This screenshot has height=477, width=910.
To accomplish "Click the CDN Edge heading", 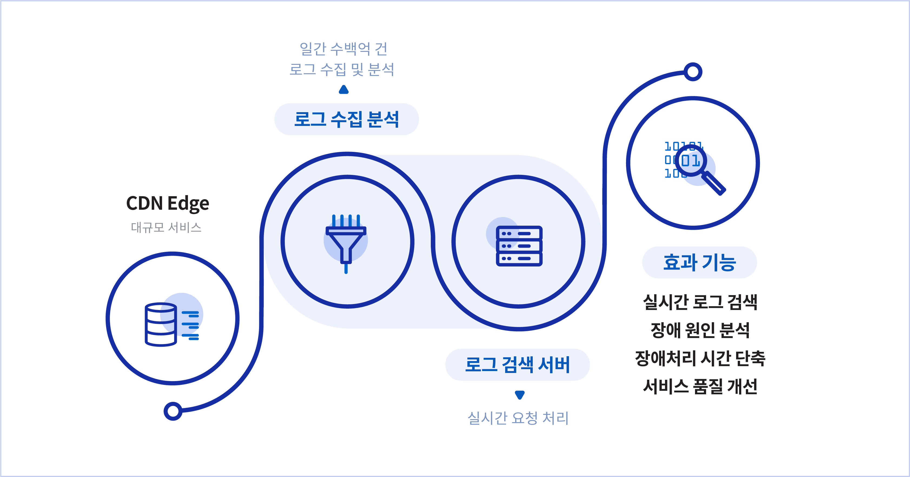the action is click(167, 204).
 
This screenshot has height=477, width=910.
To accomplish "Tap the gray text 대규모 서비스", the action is click(166, 227).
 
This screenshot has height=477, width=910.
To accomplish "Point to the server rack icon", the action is click(519, 246).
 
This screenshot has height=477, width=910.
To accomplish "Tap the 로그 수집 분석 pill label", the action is click(346, 119).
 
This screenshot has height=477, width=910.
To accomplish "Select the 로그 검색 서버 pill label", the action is click(518, 365).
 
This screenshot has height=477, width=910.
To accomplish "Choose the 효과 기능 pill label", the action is click(699, 262).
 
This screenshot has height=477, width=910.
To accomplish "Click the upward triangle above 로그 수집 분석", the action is click(344, 90).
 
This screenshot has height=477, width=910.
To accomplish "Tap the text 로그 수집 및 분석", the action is click(342, 69).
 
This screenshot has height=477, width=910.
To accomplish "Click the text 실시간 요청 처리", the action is click(518, 418).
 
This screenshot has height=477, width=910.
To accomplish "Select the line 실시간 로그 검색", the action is click(700, 302).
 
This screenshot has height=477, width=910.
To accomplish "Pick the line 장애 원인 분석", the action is click(700, 331).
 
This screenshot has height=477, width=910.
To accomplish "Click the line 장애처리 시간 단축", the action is click(700, 358).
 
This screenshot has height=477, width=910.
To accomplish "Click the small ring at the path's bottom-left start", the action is click(173, 411).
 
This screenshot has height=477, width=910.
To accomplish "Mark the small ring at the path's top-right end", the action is click(693, 72).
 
